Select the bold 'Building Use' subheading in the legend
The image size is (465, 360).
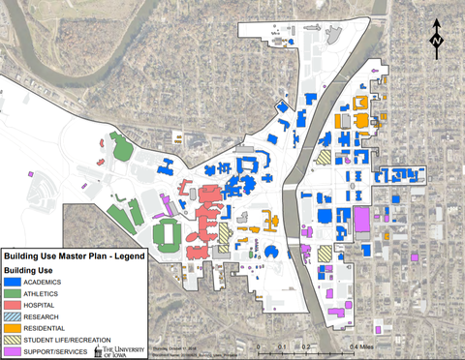(x=34, y=269)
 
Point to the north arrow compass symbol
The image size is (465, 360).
(x=437, y=38)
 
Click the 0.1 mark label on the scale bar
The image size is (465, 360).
(x=282, y=345)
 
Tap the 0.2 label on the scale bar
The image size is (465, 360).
(x=305, y=345)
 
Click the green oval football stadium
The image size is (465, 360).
(x=168, y=233)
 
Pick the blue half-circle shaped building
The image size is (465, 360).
(x=270, y=252)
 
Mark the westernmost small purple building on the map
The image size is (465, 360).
(x=31, y=175)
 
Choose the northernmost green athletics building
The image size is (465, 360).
(x=121, y=149)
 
